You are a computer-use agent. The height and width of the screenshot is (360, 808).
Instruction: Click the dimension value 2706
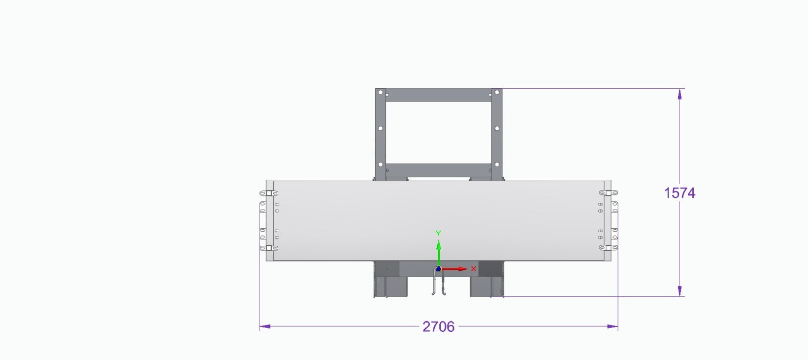(438, 327)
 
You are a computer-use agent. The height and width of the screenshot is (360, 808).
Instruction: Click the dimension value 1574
(680, 193)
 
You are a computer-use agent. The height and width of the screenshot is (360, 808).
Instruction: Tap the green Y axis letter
(438, 233)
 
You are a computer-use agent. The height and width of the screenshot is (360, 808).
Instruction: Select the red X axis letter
(474, 269)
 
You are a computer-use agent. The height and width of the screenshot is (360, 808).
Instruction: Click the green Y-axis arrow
(439, 253)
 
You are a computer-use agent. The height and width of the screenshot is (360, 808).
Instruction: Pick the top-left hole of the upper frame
(380, 92)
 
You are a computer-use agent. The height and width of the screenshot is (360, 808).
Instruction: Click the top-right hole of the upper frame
(497, 92)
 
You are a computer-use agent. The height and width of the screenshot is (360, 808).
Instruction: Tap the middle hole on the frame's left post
(380, 128)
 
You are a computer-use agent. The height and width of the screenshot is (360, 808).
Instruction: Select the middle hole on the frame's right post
(497, 128)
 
